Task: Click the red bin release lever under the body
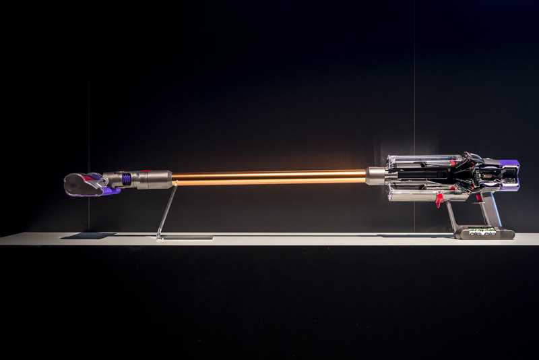[x=439, y=199]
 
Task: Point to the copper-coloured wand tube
[x=269, y=177]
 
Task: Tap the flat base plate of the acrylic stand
[x=186, y=237]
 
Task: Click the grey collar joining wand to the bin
[x=376, y=176]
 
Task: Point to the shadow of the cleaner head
[x=88, y=235]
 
